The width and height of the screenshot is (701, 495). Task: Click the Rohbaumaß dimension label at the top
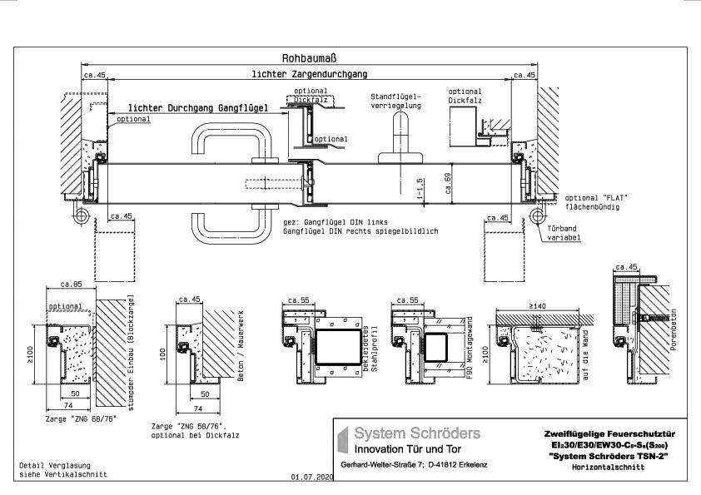pos(310,58)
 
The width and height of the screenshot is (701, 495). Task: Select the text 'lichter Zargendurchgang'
pos(309,75)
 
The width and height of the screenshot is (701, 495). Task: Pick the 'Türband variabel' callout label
pos(564,232)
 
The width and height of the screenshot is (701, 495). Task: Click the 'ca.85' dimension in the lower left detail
pos(71,285)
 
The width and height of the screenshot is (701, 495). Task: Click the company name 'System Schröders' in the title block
pos(416,433)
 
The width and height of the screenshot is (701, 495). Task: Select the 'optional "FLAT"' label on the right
pos(594,197)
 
